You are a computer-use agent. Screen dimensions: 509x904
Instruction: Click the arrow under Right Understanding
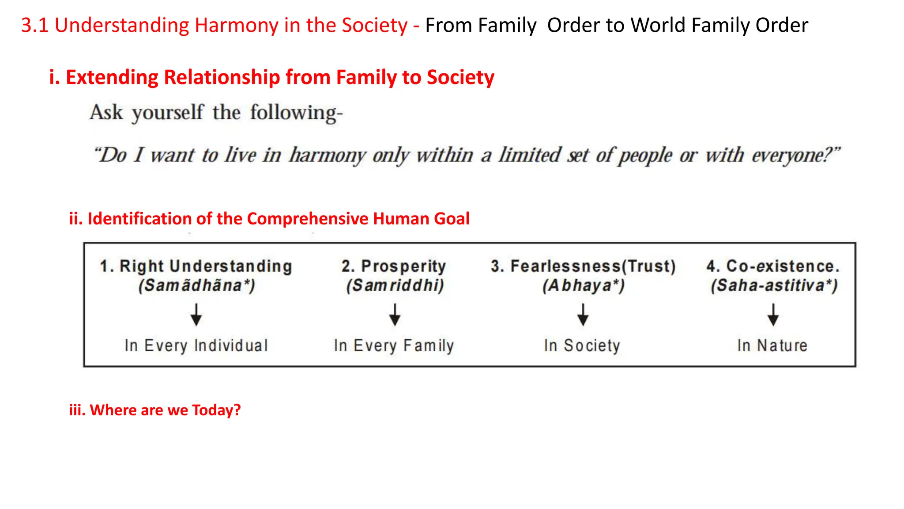(196, 315)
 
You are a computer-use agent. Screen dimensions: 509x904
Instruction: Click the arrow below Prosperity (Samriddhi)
(395, 315)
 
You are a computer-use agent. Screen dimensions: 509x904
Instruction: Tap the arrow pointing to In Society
(583, 315)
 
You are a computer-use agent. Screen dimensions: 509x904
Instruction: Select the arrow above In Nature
(773, 315)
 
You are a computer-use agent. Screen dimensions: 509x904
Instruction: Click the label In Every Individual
(196, 346)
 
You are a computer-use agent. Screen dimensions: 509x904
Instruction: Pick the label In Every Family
(394, 346)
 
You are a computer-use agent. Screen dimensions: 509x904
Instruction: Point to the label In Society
(582, 346)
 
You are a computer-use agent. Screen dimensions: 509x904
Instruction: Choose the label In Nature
(772, 346)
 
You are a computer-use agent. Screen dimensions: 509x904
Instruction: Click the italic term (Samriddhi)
(395, 285)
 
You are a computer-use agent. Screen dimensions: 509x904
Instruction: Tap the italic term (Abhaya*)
(584, 285)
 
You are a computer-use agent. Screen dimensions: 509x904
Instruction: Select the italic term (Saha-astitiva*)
(774, 285)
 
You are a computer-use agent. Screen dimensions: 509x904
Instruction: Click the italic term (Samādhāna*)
(197, 285)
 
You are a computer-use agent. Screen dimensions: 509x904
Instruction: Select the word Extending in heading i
(112, 77)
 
